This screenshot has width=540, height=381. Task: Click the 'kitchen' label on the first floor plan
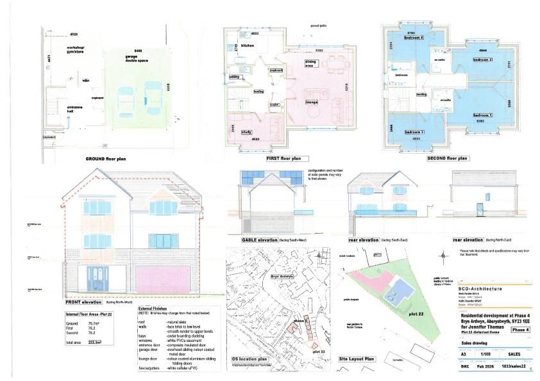248,47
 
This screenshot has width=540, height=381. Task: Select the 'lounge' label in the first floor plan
312,102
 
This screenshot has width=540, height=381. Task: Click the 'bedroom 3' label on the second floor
414,132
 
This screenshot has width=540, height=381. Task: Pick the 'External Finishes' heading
152,307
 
